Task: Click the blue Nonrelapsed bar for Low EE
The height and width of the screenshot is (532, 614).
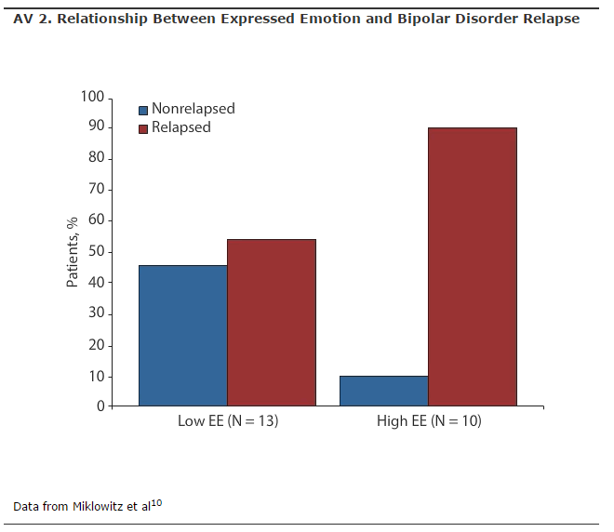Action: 182,336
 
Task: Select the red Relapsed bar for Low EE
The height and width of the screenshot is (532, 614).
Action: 271,323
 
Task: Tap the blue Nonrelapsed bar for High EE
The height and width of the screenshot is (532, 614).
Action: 383,391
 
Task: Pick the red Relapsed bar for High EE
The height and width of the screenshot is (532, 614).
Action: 473,267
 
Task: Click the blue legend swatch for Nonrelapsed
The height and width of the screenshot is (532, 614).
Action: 143,109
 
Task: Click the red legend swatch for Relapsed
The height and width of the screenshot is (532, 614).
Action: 143,128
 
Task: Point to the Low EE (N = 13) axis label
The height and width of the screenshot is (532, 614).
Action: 228,421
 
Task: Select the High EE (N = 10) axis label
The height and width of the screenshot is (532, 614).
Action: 429,421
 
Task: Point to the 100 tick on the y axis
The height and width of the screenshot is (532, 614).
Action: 94,97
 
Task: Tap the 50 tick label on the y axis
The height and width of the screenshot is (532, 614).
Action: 98,252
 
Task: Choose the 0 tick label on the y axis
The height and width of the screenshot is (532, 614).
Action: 101,406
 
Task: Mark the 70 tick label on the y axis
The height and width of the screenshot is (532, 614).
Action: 98,190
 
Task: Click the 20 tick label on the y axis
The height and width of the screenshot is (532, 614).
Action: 98,345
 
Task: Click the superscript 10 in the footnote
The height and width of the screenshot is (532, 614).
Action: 157,502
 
